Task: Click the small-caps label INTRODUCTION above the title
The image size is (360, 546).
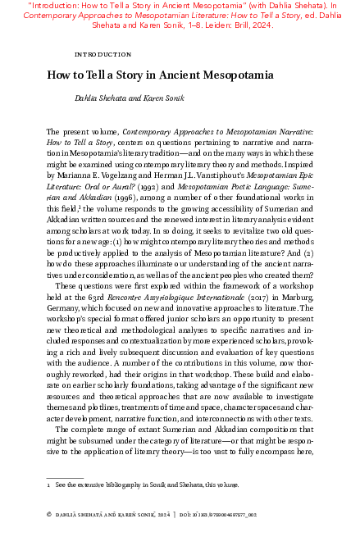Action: [103, 54]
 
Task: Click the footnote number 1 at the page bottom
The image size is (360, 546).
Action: [48, 486]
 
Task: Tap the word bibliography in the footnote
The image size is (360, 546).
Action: [123, 486]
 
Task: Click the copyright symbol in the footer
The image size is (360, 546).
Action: [49, 514]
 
